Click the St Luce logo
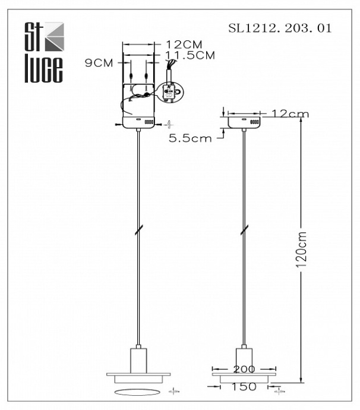43,52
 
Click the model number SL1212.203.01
280,28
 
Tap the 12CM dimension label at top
184,45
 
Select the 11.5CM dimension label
190,55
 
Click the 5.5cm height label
190,138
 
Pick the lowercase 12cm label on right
290,114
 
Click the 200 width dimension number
244,369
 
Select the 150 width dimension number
244,387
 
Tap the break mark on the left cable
138,231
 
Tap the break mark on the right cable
244,231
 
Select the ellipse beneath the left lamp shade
138,391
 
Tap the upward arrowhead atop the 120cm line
302,119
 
